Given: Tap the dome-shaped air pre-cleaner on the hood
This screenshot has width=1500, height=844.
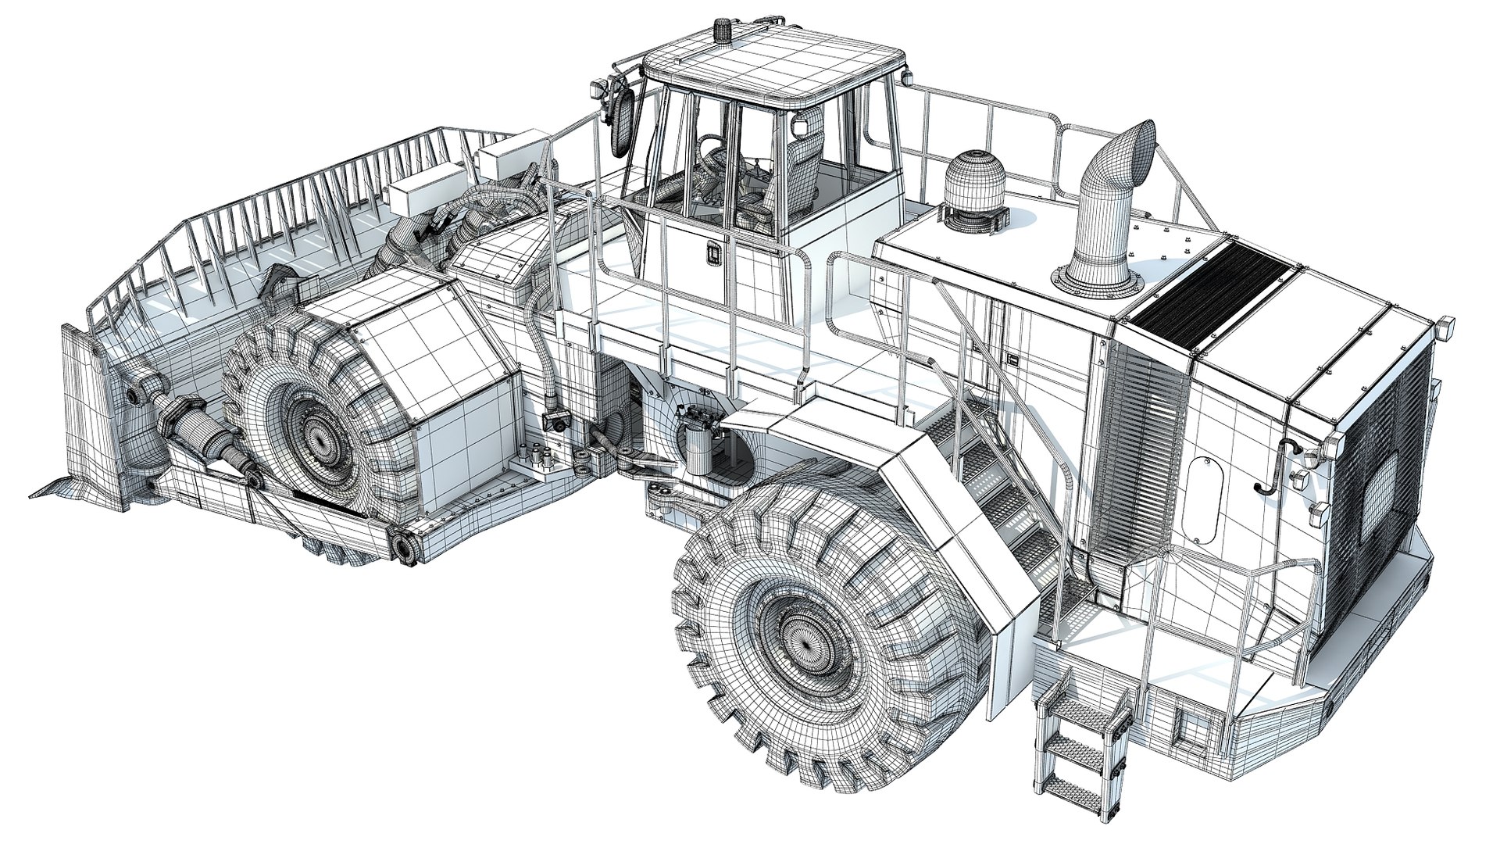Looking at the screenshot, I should pos(971,188).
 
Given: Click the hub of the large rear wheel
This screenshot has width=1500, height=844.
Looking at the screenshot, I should pos(798,630).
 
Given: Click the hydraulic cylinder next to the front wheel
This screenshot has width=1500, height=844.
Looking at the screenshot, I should pos(207,442).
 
